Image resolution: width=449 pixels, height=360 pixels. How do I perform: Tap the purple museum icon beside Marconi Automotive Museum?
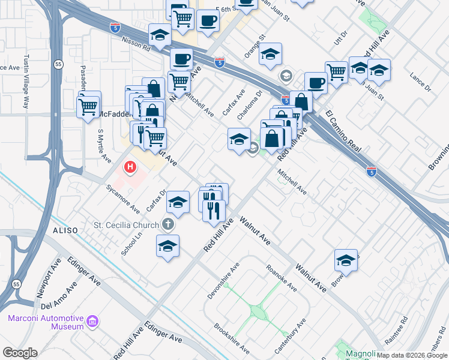[92, 322]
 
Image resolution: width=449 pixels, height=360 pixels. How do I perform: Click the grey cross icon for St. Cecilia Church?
[169, 226]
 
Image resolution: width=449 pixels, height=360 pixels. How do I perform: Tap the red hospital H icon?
[129, 166]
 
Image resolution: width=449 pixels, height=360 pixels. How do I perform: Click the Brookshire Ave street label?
[231, 338]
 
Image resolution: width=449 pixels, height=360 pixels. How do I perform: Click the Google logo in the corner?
[20, 353]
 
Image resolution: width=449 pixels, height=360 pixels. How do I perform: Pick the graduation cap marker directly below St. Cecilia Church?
[167, 245]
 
